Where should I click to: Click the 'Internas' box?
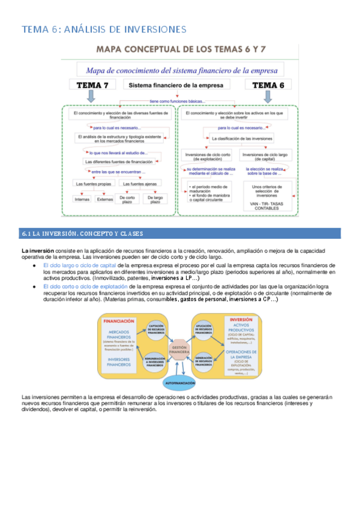[x=82, y=199]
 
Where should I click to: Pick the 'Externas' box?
[x=104, y=199]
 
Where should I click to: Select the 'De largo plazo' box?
[x=155, y=199]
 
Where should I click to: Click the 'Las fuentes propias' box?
[x=92, y=183]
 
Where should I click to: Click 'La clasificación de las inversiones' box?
[x=241, y=139]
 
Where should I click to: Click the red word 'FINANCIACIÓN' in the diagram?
[x=119, y=321]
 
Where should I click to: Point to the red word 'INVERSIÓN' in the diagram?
[x=241, y=319]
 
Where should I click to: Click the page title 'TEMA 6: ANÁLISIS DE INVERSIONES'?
[x=104, y=29]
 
